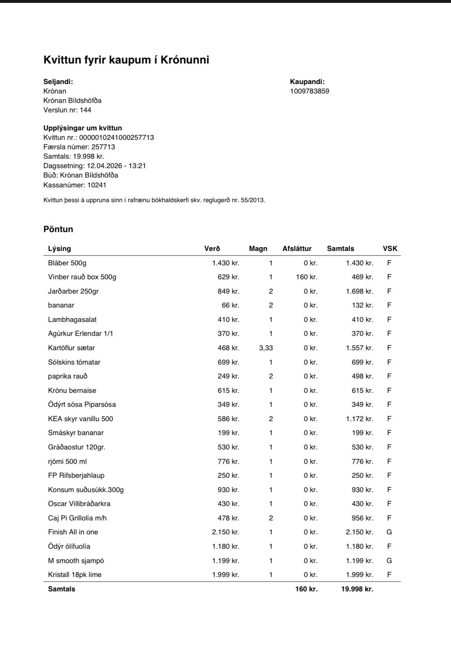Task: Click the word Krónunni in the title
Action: coord(184,60)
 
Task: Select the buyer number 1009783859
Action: coord(310,91)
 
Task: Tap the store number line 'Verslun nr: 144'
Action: coord(67,110)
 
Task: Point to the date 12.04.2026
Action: coord(105,166)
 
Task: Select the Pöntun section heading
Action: coord(58,229)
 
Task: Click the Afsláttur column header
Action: coord(297,249)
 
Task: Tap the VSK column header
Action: coord(390,249)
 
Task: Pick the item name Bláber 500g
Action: coord(67,263)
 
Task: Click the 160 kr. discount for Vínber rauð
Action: coord(307,277)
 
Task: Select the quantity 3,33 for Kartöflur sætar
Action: coord(266,348)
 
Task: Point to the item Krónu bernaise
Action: coord(72,390)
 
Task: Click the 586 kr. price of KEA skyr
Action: coord(228,419)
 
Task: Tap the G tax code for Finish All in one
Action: coord(389,532)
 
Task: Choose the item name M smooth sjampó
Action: coord(76,561)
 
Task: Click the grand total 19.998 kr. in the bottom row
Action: coord(357,589)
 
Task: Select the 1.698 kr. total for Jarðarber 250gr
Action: coord(359,291)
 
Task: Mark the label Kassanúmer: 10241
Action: coord(75,185)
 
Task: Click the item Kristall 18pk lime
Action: coord(75,575)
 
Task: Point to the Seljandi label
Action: coord(58,82)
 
